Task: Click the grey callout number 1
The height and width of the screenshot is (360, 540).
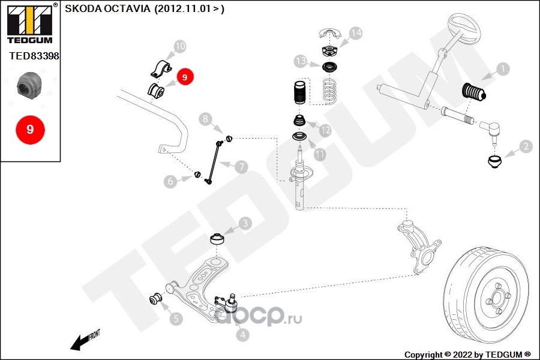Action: [x=502, y=69]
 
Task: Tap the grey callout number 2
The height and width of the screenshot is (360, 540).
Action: [x=526, y=145]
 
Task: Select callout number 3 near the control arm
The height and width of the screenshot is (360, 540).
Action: [x=245, y=224]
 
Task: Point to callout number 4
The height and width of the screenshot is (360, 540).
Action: [x=242, y=335]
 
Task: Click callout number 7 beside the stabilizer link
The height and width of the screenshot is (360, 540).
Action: [x=241, y=167]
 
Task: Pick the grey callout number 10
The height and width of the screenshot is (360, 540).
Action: [x=180, y=46]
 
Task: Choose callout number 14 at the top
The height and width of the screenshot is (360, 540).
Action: [x=356, y=33]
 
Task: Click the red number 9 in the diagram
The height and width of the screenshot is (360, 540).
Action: [x=185, y=77]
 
